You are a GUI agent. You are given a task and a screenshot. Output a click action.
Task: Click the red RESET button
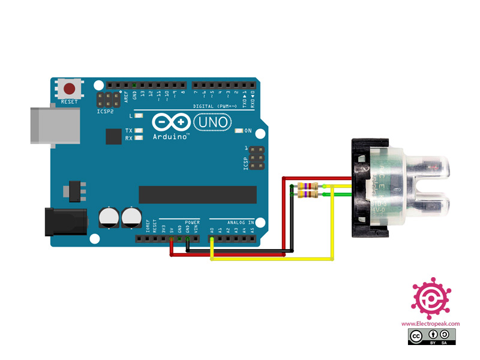[x=70, y=89]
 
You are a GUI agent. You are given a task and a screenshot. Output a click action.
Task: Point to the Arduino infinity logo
[x=171, y=122]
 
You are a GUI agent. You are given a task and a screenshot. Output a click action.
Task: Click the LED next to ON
[x=239, y=130]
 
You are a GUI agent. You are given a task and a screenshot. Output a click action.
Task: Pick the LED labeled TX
[x=140, y=130]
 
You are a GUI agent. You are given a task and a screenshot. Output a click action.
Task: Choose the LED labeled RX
[x=140, y=138]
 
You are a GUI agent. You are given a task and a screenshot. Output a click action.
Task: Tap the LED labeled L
[x=140, y=116]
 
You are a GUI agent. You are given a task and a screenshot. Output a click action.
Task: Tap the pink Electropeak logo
[x=430, y=297]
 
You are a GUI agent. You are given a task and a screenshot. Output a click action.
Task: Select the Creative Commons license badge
[x=430, y=336]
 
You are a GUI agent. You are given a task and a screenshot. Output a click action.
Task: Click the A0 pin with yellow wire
[x=212, y=239]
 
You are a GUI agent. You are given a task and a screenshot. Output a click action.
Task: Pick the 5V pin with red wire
[x=172, y=239]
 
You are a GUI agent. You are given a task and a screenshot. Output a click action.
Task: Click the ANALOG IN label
[x=239, y=221]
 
